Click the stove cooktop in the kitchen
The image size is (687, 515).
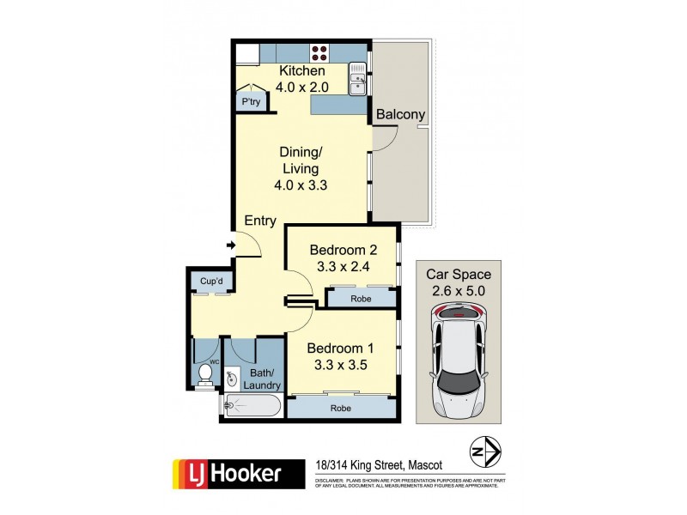pos(320,51)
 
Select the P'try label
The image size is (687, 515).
pos(252,102)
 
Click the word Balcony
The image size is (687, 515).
pos(400,114)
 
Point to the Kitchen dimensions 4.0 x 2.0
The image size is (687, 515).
pos(301,86)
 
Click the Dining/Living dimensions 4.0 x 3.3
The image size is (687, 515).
pos(301,184)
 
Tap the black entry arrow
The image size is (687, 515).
pos(230,246)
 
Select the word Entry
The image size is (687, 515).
pos(260,221)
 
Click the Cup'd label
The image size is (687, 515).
pos(211,281)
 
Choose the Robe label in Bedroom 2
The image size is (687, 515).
pos(361,298)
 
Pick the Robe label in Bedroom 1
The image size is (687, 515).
pos(341,409)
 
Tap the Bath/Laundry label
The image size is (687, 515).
pos(261,379)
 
